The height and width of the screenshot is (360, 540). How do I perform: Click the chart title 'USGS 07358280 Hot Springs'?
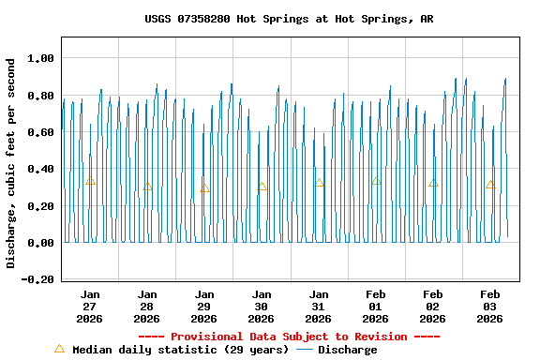(289, 19)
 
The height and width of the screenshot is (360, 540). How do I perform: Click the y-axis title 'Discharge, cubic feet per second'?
(11, 163)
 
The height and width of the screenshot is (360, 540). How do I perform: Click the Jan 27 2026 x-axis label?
(90, 307)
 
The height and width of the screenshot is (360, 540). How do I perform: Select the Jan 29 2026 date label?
(204, 307)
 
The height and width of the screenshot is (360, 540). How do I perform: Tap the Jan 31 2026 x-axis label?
(319, 307)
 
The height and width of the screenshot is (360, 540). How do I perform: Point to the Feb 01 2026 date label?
(376, 307)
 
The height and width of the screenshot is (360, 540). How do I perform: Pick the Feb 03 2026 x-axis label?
(490, 307)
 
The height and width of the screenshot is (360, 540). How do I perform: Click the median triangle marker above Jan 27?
(90, 181)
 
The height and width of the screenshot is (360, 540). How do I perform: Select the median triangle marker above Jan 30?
(262, 187)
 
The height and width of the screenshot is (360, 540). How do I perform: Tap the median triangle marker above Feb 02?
(433, 183)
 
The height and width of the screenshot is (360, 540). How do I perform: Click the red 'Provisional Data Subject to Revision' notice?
(289, 337)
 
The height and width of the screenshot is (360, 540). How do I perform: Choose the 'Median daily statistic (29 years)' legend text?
(181, 350)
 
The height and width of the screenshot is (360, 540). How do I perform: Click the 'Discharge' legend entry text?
(347, 350)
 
